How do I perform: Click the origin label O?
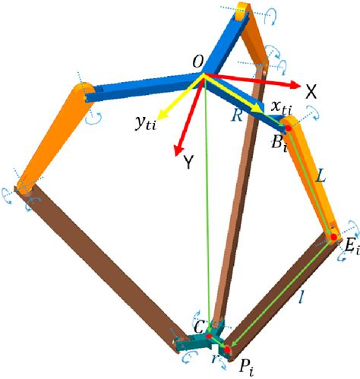click(198, 62)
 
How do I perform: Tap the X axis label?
click(311, 92)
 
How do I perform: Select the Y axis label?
click(188, 162)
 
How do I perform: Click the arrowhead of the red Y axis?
click(178, 151)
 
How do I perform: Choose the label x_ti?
click(281, 108)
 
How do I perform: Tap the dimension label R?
click(237, 115)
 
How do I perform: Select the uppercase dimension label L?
click(321, 175)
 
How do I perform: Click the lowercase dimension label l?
click(301, 297)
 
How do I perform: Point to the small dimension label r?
click(215, 358)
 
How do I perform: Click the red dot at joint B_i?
click(289, 128)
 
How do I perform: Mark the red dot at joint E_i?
click(334, 237)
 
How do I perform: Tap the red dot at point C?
click(209, 336)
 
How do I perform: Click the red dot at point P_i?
click(227, 349)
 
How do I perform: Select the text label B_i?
click(279, 144)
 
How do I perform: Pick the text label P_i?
click(246, 368)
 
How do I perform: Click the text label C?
click(199, 327)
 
